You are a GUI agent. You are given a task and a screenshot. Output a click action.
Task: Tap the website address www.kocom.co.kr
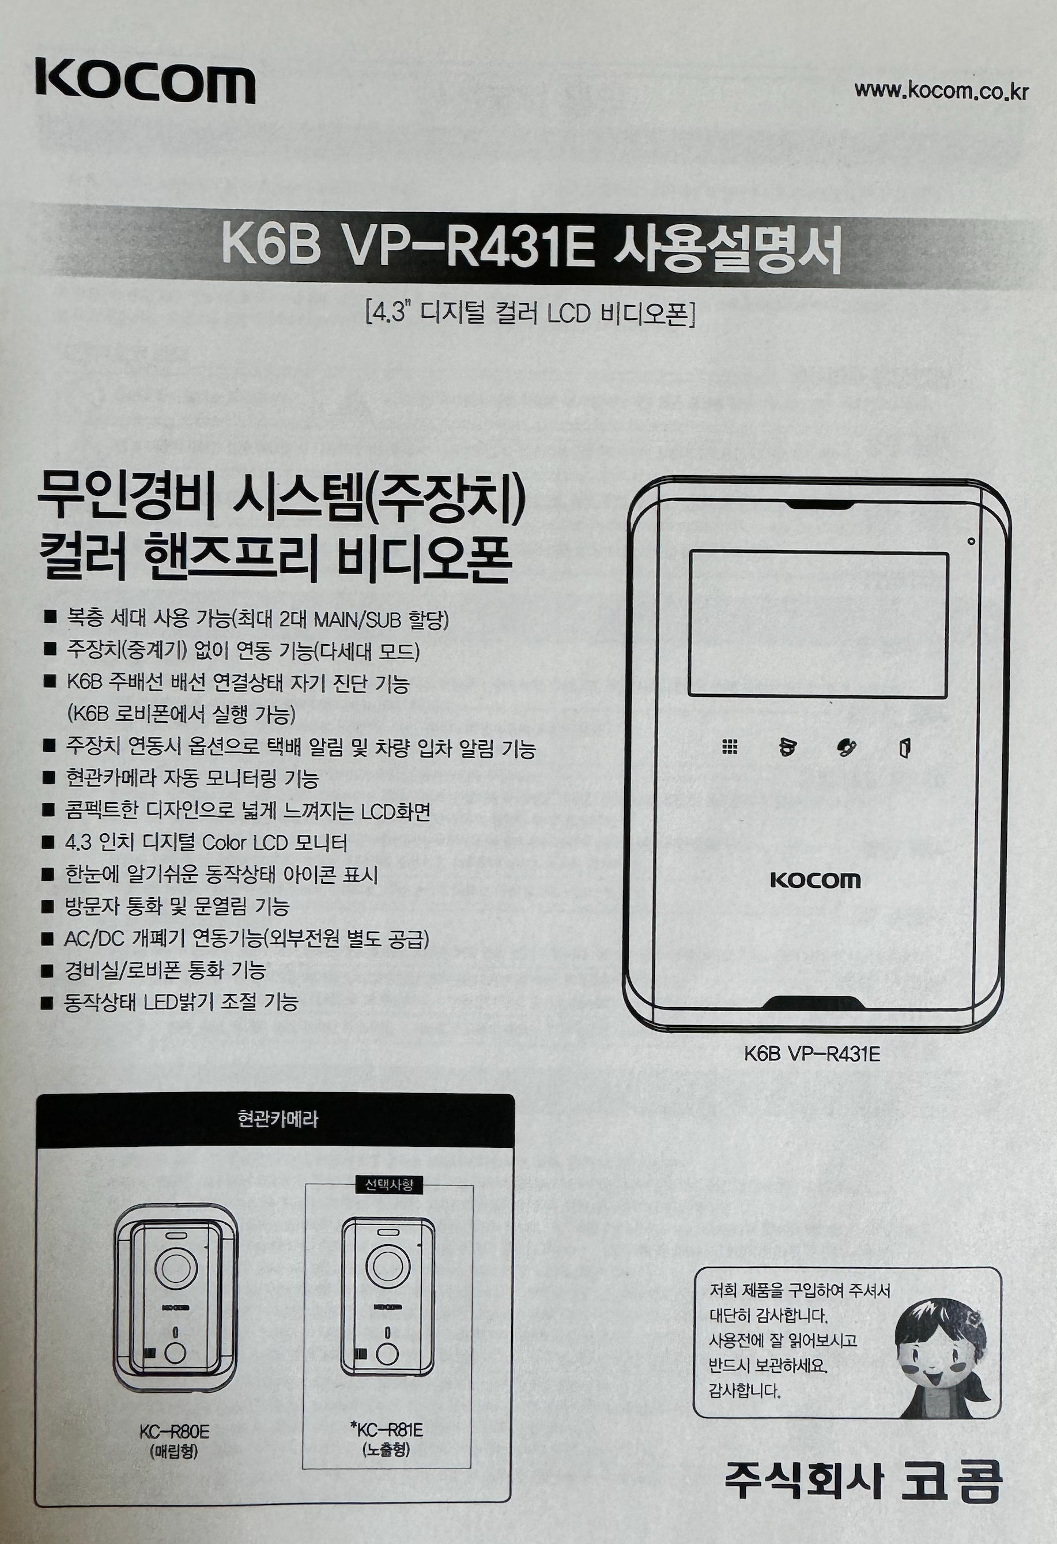coord(940,91)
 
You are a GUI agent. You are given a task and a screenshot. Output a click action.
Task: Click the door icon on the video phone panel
coord(904,748)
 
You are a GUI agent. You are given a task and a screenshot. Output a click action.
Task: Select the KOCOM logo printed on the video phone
coord(816,881)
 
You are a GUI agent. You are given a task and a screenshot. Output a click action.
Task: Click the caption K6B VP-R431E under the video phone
coord(812,1055)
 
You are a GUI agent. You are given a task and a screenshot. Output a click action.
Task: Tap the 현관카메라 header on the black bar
coord(278,1120)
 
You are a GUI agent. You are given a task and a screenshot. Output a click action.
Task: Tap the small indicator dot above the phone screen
coord(970,542)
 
